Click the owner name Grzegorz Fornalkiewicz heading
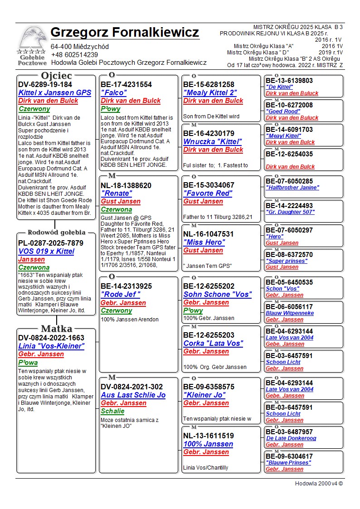[125, 33]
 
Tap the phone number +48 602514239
[74, 55]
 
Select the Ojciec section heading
[56, 75]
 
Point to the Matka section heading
[56, 329]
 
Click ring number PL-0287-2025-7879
[51, 243]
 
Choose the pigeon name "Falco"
[114, 92]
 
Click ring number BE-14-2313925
[126, 286]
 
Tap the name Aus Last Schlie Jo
[133, 395]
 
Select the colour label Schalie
[112, 411]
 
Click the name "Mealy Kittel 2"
[210, 92]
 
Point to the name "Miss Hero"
[204, 242]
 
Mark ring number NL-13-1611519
[209, 436]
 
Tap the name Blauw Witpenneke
[289, 313]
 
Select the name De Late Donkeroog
[291, 438]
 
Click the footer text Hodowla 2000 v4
[319, 484]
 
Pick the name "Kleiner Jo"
[204, 395]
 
